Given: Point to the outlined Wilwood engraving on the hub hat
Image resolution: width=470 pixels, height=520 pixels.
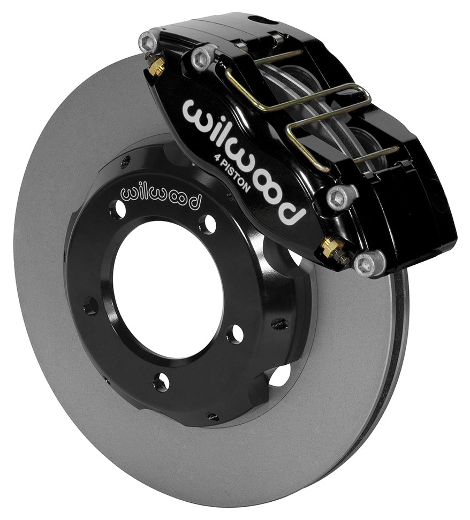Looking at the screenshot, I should tap(161, 196).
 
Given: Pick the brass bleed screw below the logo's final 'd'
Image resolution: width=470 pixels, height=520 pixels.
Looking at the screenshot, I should tap(331, 248).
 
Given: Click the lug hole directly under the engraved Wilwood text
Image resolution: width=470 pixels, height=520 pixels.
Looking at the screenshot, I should tap(116, 210).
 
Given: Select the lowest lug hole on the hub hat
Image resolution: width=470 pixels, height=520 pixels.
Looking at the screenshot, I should tap(160, 381).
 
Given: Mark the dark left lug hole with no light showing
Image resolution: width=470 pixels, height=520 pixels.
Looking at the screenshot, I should tap(90, 307).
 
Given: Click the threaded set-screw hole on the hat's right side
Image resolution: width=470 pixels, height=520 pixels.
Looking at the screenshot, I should tap(279, 324).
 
